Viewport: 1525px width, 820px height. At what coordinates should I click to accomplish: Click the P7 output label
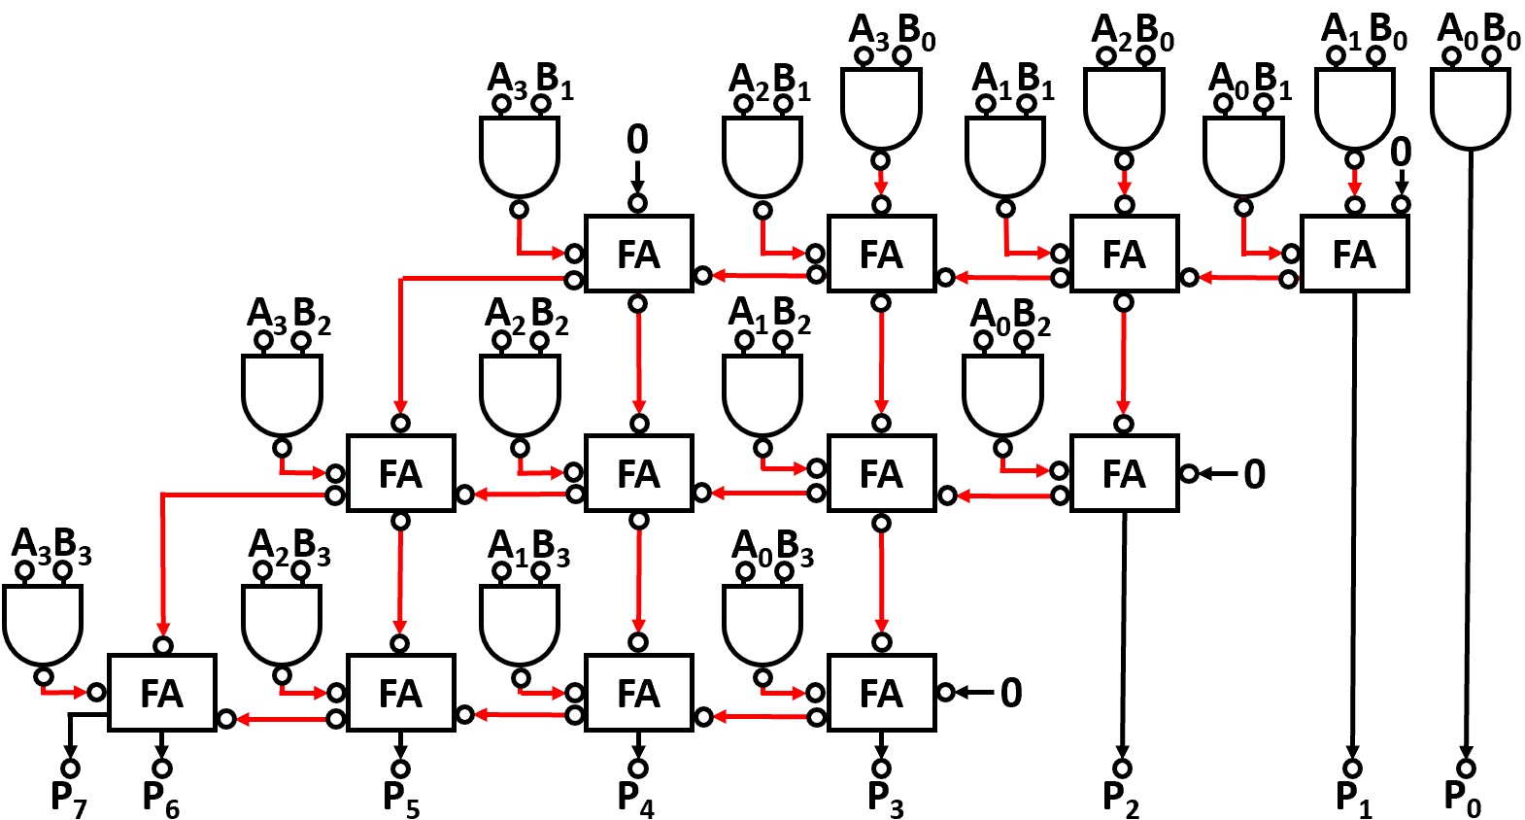point(68,799)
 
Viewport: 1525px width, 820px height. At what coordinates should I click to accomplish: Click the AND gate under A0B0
point(1471,107)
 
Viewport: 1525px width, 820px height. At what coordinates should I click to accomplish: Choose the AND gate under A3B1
point(519,155)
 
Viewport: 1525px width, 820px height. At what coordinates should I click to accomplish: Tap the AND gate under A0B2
point(1002,394)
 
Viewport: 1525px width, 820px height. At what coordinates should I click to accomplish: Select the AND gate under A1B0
point(1354,107)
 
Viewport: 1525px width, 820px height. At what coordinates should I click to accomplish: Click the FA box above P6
point(162,694)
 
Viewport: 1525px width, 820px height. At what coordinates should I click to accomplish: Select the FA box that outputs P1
point(1354,255)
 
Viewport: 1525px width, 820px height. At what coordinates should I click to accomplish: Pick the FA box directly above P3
point(881,694)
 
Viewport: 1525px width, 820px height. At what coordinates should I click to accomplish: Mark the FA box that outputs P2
point(1124,474)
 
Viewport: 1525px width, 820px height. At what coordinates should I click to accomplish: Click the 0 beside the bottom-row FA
point(1011,693)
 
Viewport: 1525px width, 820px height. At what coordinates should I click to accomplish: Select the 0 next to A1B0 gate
point(1400,153)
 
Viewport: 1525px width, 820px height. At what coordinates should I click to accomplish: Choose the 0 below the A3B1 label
point(637,140)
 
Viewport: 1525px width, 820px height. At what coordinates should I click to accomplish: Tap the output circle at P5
point(400,768)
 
